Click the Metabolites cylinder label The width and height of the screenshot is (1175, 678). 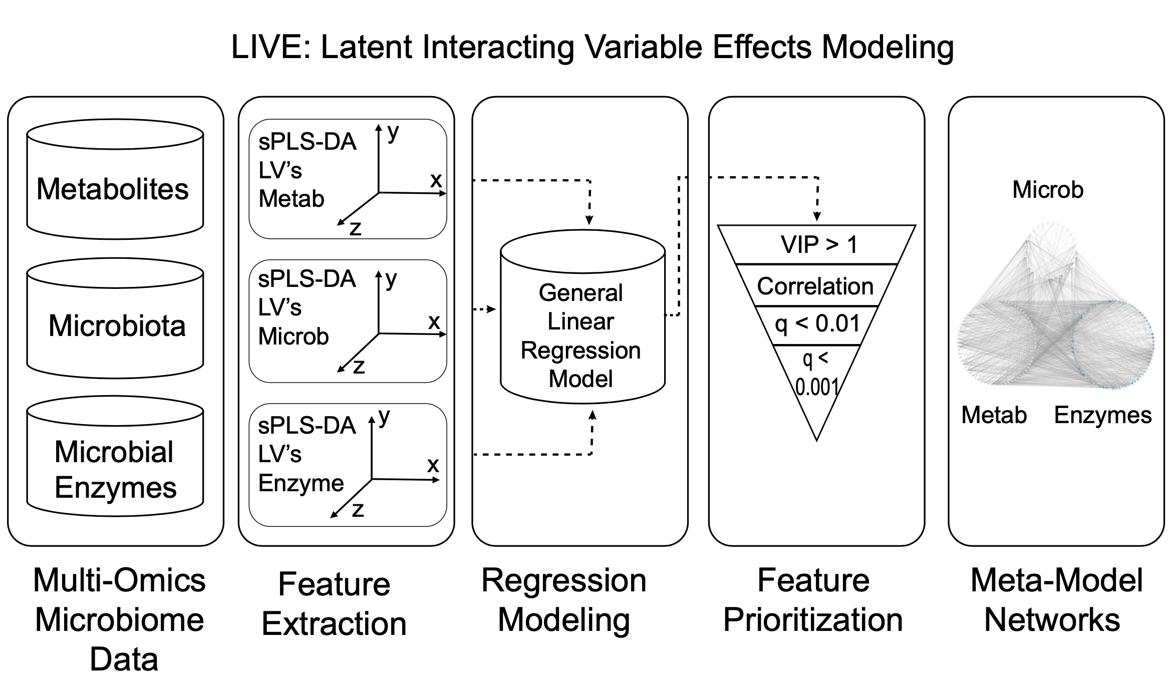click(x=113, y=189)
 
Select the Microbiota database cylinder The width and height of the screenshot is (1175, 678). click(x=116, y=325)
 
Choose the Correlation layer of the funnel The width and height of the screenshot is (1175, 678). click(x=815, y=286)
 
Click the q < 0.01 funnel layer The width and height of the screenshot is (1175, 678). click(x=817, y=324)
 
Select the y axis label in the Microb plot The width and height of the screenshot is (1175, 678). click(x=391, y=278)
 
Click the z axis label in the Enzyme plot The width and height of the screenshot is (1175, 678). click(x=358, y=509)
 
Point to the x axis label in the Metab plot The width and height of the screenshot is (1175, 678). click(x=436, y=180)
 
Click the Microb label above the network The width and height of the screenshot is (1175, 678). click(x=1047, y=190)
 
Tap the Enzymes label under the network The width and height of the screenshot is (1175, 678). click(x=1102, y=415)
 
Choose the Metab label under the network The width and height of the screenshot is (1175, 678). click(x=994, y=415)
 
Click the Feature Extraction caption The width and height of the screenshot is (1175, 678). click(x=334, y=603)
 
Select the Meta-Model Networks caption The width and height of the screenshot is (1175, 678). click(x=1056, y=600)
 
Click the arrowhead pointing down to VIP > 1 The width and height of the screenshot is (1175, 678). click(x=817, y=217)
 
